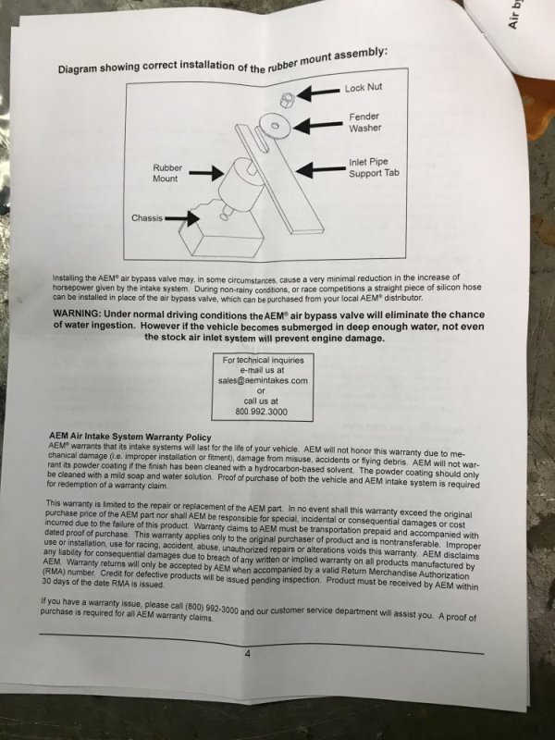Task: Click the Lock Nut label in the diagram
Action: pos(363,88)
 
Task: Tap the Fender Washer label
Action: pos(364,122)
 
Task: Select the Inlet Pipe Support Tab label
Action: pos(374,167)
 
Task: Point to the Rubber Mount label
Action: pos(167,173)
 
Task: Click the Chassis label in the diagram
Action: pos(147,218)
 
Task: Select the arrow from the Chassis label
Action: pos(182,218)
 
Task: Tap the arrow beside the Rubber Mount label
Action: pos(206,173)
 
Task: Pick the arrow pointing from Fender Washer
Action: pos(317,126)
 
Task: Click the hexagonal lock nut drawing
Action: pos(287,99)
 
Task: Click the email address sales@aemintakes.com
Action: pos(263,380)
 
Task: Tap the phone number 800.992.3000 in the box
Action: pos(261,412)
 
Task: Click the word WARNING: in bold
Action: pos(77,314)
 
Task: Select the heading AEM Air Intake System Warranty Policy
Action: pos(129,437)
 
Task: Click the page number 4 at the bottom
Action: pos(248,654)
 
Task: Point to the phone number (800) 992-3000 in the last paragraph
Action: pos(212,608)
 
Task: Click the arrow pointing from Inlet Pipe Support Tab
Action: pos(321,169)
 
